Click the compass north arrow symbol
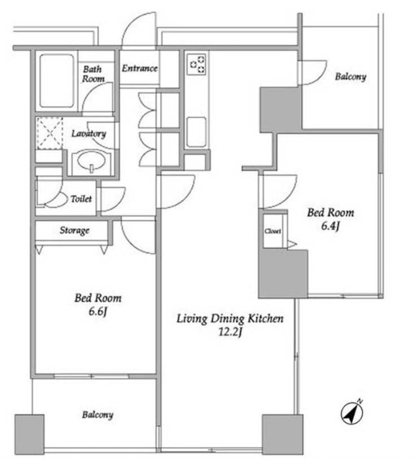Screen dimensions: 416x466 352,413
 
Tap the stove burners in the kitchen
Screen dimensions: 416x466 198,64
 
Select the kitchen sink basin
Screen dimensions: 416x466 196,132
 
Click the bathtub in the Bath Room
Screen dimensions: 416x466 56,81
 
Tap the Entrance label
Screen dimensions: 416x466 140,68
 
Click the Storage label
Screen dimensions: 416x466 75,230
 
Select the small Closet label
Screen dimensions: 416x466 273,231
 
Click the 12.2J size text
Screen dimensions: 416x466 230,331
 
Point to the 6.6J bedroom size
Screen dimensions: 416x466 98,311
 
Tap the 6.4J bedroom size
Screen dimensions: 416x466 331,226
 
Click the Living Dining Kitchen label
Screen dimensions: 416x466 230,318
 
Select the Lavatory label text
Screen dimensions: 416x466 89,134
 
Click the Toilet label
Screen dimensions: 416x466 81,198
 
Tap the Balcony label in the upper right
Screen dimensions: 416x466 350,77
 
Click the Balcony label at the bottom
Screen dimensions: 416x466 98,415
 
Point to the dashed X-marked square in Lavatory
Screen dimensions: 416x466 50,133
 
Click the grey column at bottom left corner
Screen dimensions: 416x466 30,434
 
